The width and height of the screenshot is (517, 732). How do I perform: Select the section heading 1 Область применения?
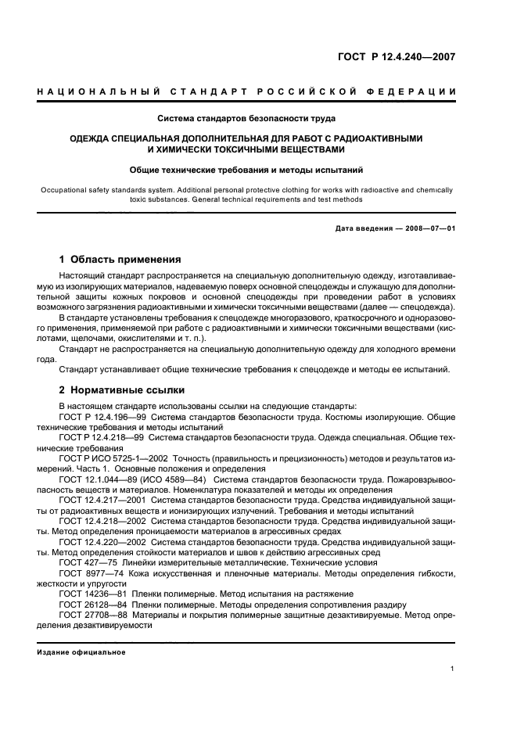pyautogui.click(x=120, y=259)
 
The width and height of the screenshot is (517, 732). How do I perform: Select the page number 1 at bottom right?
pyautogui.click(x=453, y=669)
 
